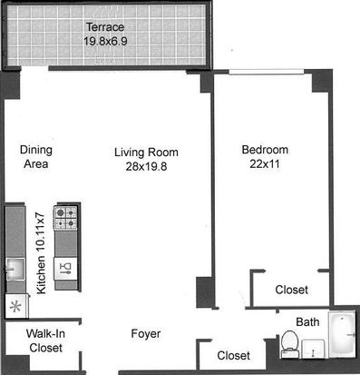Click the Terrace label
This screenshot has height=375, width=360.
(x=105, y=27)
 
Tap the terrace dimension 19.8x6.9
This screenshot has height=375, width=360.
(x=105, y=41)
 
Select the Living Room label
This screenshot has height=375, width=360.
(x=146, y=153)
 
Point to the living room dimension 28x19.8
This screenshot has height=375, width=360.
(x=146, y=166)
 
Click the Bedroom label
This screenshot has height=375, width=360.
(x=265, y=150)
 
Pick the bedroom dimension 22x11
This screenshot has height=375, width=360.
(x=265, y=163)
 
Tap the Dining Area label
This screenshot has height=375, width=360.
(x=36, y=157)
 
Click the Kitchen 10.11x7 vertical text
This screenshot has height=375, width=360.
(x=41, y=253)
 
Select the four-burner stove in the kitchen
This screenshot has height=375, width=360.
(x=65, y=218)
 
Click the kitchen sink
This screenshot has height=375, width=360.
(x=15, y=269)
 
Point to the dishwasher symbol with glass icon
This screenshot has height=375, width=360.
(x=65, y=269)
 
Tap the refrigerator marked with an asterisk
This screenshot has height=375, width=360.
(x=17, y=306)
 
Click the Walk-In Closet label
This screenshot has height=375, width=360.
(x=45, y=340)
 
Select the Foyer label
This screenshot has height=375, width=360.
(x=146, y=334)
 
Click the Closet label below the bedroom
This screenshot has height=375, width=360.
(x=292, y=290)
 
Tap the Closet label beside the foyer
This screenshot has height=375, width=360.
(x=233, y=355)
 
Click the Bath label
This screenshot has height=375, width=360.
(x=307, y=321)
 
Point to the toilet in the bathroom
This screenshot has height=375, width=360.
(x=289, y=344)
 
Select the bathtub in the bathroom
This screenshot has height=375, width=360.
(x=342, y=334)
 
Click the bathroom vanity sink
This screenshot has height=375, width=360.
(x=313, y=349)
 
